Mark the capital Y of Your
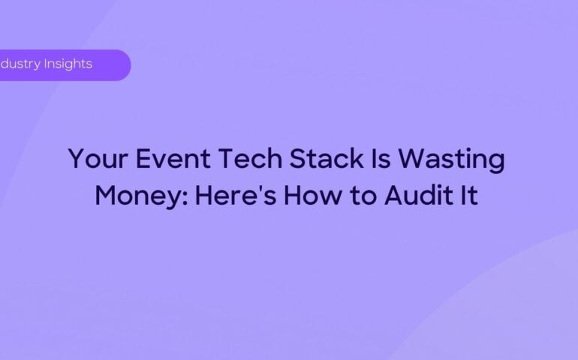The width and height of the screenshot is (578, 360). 76,160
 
